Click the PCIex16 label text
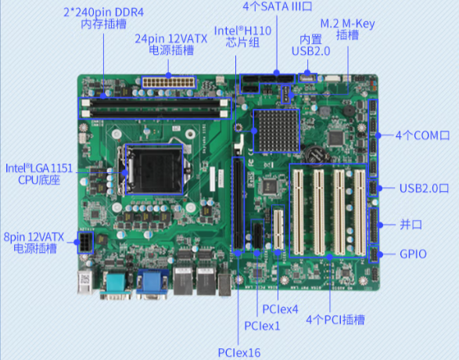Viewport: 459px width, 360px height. click(x=239, y=352)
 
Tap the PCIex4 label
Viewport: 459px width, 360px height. click(x=280, y=309)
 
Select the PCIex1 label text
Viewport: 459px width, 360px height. click(x=262, y=326)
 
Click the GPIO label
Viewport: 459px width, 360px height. click(x=413, y=254)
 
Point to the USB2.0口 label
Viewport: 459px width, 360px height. click(x=424, y=188)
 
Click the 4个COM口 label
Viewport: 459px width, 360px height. click(x=423, y=135)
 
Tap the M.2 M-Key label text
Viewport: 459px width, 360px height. click(x=347, y=23)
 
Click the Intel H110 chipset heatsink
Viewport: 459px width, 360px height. click(x=277, y=131)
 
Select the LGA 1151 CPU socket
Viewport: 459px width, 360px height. click(x=154, y=169)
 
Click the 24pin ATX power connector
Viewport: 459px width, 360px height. click(x=169, y=82)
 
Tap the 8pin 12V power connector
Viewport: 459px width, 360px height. click(x=85, y=243)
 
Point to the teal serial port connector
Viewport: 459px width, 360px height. click(x=116, y=283)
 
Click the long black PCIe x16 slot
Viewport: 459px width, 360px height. click(x=238, y=204)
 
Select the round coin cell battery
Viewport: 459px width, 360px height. click(x=316, y=154)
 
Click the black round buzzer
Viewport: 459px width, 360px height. click(x=348, y=110)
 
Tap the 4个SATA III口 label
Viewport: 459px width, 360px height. click(x=278, y=5)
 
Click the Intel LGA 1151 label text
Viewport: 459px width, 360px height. click(x=39, y=168)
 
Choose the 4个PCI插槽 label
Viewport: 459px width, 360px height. click(x=335, y=319)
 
